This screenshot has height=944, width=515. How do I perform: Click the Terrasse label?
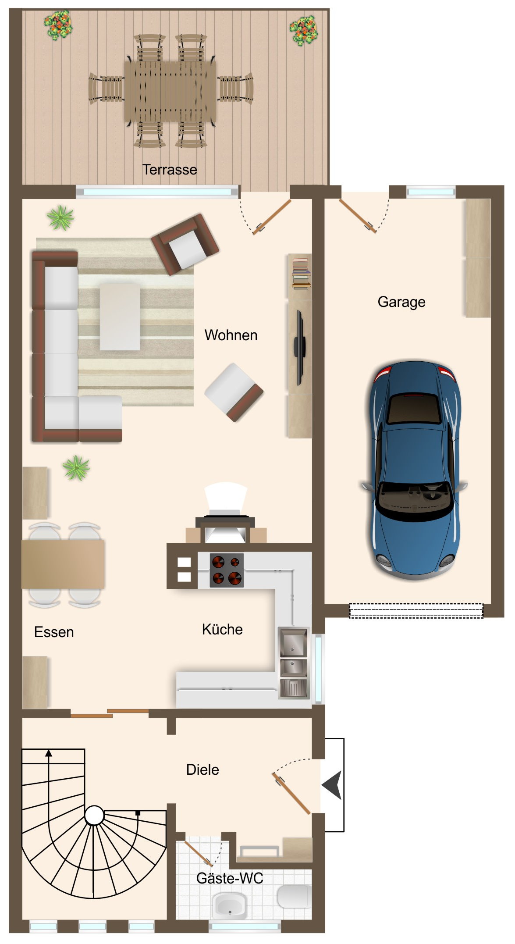point(170,170)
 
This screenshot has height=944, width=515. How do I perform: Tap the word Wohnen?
point(231,335)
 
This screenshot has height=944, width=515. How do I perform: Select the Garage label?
point(401,302)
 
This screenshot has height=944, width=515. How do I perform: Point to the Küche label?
point(222,630)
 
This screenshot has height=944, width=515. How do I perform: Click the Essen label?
point(54,632)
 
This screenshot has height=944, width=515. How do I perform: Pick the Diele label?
point(202,770)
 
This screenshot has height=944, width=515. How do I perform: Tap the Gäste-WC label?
point(230,879)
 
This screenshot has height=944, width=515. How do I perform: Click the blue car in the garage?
point(414,469)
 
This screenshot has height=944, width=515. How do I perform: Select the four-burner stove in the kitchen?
point(227,570)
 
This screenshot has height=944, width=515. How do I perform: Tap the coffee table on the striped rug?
point(120,317)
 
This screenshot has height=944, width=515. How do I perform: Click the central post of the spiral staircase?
point(94,816)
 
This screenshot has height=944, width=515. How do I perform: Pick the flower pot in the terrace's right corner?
point(303,30)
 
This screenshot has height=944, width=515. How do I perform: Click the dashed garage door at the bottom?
point(416,611)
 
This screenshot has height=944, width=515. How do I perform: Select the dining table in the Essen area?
point(63,564)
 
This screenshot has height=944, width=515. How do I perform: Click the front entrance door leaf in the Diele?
point(291,794)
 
